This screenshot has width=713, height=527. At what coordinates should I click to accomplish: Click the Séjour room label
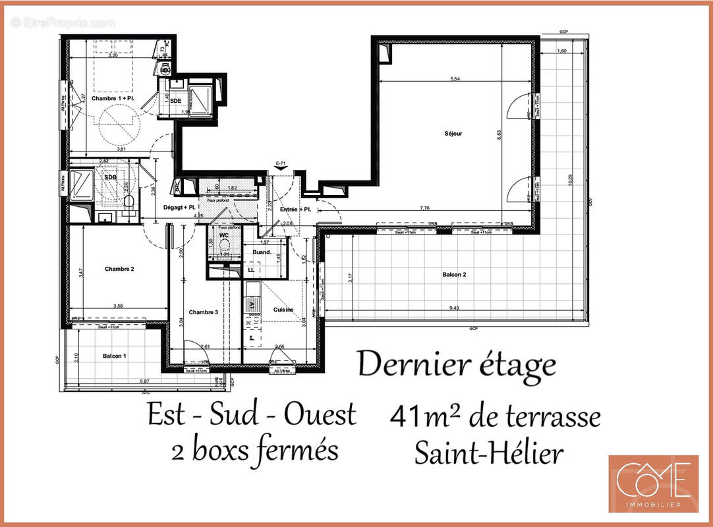pos(453,134)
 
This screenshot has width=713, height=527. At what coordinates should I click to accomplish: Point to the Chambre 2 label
pos(119,269)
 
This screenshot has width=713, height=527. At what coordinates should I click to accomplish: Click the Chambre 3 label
pos(203,312)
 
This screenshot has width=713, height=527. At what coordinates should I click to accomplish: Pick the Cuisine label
pos(283,310)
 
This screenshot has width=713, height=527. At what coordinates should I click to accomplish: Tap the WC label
pos(223,235)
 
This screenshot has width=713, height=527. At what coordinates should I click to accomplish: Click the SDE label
pos(175,101)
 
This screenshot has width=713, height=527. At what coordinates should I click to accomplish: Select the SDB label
pos(109,169)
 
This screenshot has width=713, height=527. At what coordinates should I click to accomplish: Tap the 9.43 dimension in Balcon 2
pos(455,307)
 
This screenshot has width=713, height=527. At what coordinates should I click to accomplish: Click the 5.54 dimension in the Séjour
pos(455,79)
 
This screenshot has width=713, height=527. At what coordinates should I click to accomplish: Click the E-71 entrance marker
pos(281,162)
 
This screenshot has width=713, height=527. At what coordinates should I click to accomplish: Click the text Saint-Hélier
pos(488,453)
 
